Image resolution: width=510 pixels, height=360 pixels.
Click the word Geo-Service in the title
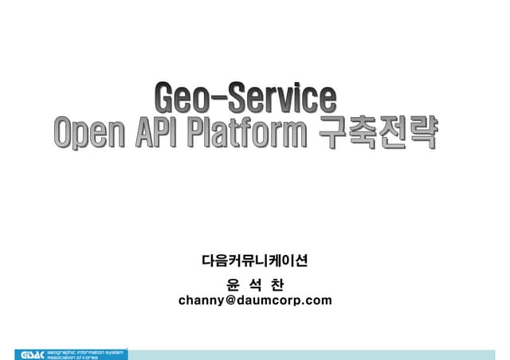click(245, 99)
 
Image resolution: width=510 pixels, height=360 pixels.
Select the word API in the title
click(157, 133)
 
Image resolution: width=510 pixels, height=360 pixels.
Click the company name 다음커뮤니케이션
click(254, 260)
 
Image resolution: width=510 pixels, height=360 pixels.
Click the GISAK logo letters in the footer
click(29, 354)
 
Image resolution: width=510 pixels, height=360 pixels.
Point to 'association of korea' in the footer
click(76, 357)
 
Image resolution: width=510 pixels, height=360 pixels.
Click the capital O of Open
click(65, 132)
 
